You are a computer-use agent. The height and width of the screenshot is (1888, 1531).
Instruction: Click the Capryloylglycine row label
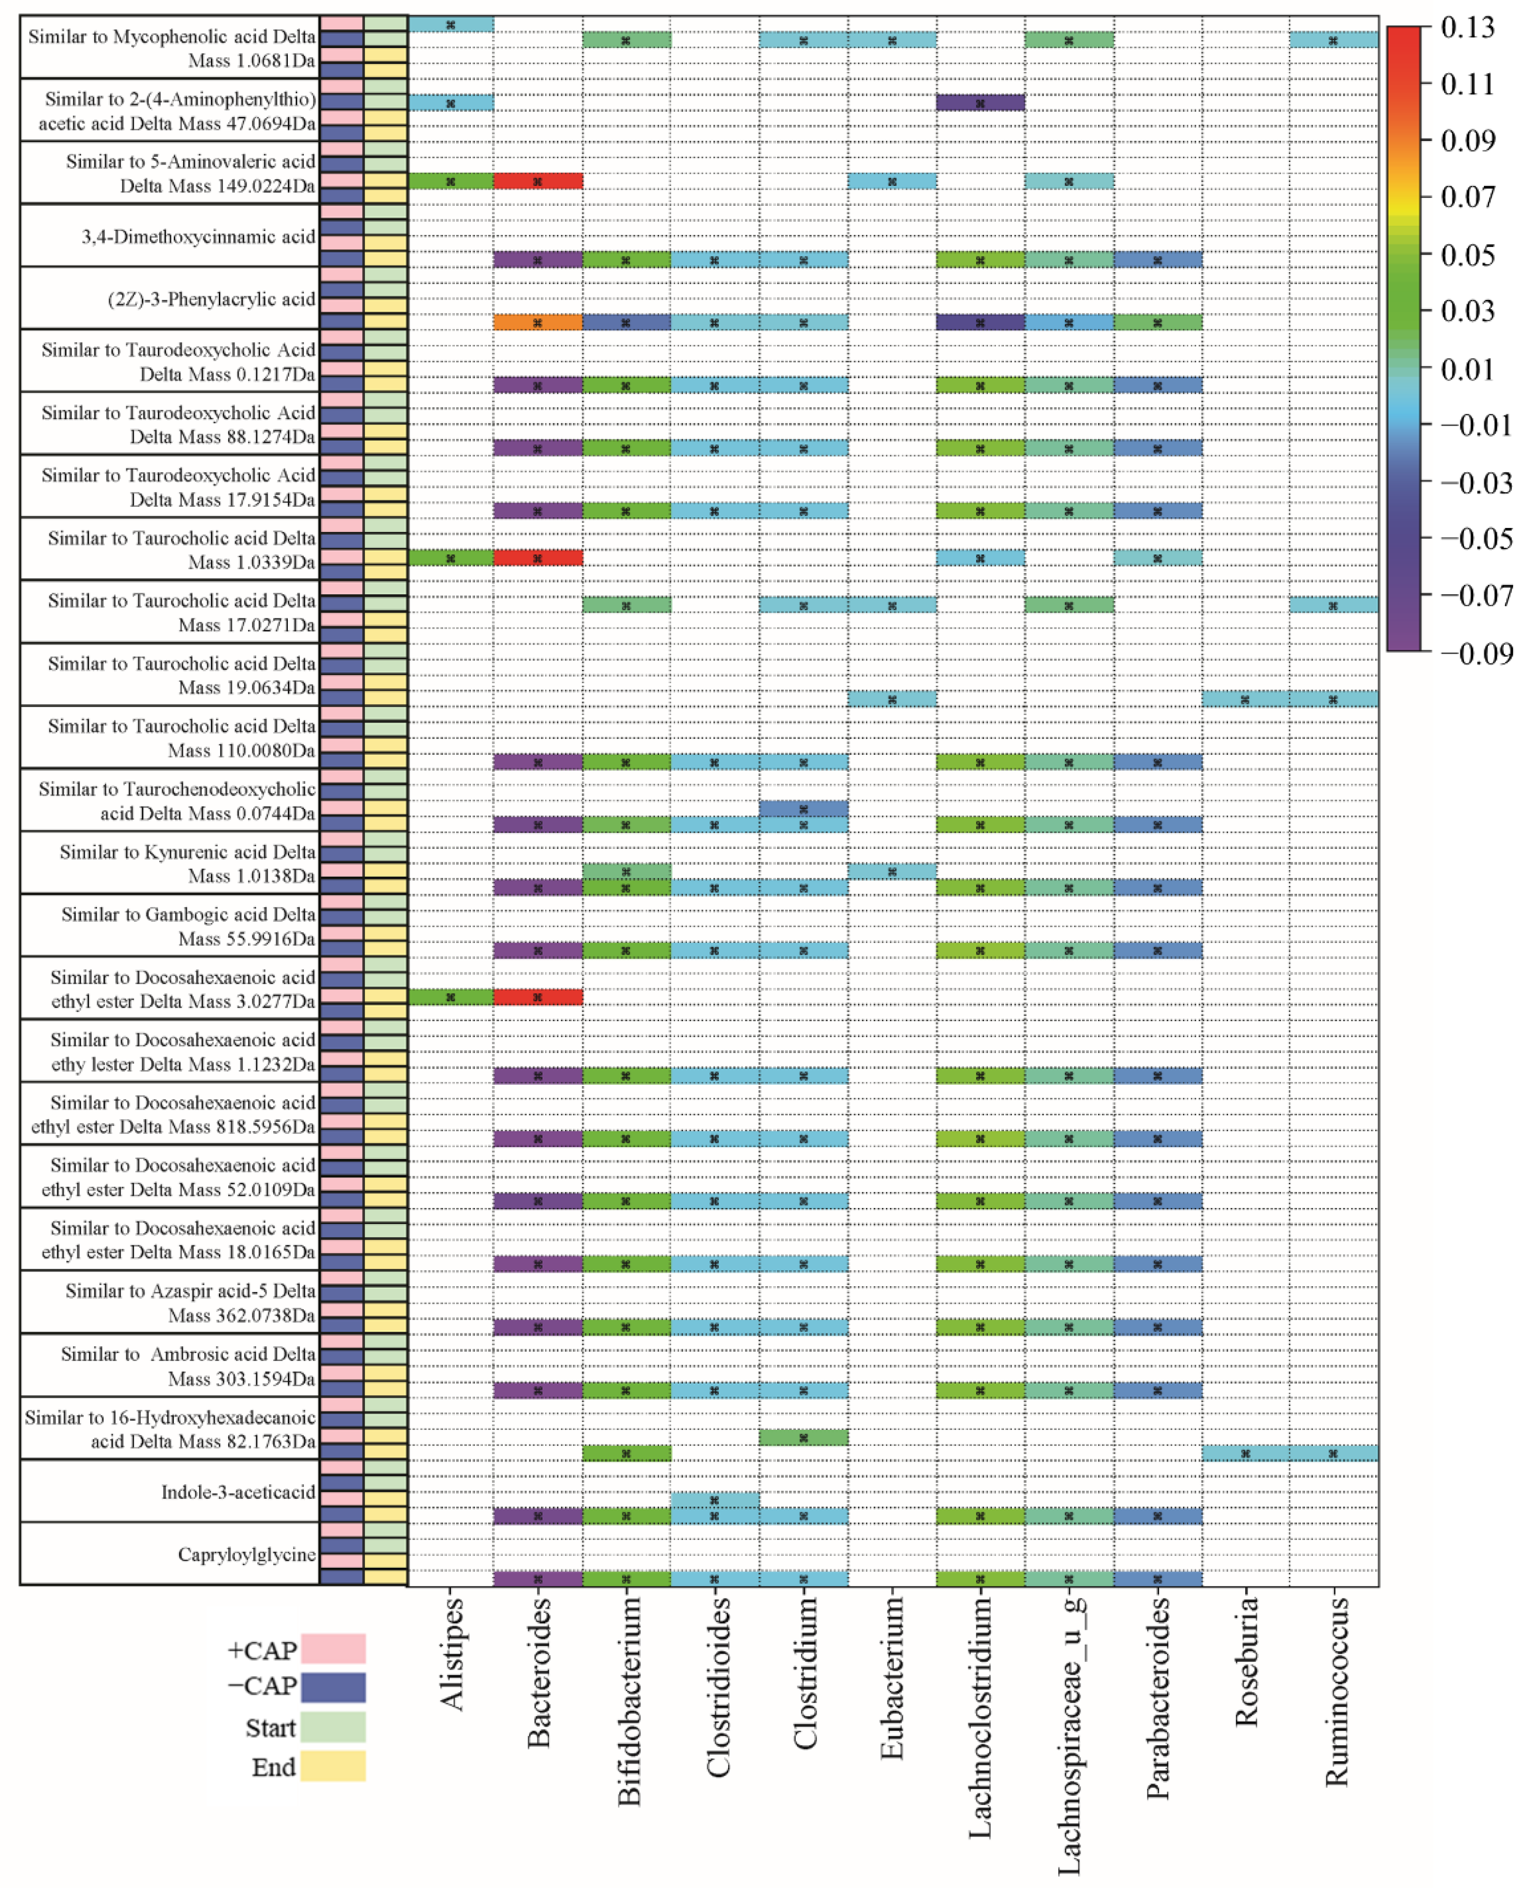coord(246,1554)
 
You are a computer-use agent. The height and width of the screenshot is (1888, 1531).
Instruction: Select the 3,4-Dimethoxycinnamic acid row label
coord(199,236)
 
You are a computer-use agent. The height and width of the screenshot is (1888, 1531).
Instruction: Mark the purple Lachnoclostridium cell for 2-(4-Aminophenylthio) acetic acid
coord(980,103)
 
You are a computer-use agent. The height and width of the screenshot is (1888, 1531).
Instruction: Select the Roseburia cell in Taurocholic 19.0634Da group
coord(1245,699)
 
